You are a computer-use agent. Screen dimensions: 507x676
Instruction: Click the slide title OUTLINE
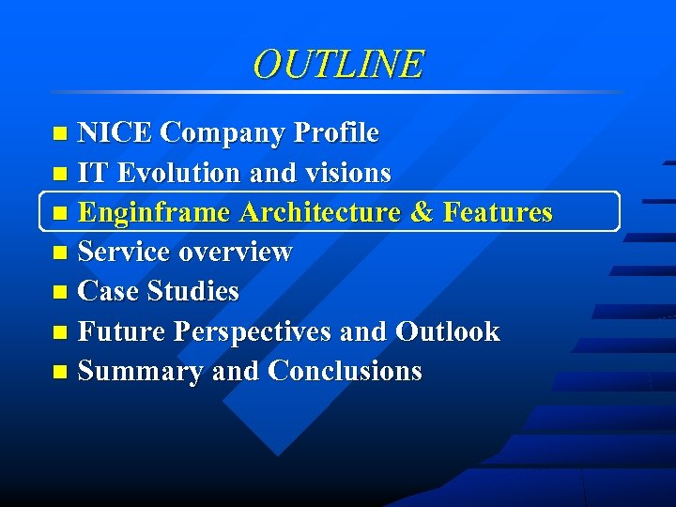(x=338, y=64)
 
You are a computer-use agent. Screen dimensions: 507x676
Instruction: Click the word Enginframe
(x=154, y=213)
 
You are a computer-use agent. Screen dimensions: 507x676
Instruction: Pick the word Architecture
(x=320, y=213)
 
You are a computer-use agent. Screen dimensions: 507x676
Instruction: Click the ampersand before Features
(x=422, y=213)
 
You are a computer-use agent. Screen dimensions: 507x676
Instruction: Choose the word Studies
(x=194, y=292)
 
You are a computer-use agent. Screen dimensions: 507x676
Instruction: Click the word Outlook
(x=447, y=331)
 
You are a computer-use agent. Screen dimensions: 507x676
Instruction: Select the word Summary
(x=141, y=372)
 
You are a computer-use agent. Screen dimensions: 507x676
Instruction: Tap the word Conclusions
(x=345, y=372)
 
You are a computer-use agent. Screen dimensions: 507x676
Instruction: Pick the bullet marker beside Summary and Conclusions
(x=61, y=373)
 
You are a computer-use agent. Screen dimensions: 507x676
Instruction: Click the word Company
(x=223, y=133)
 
